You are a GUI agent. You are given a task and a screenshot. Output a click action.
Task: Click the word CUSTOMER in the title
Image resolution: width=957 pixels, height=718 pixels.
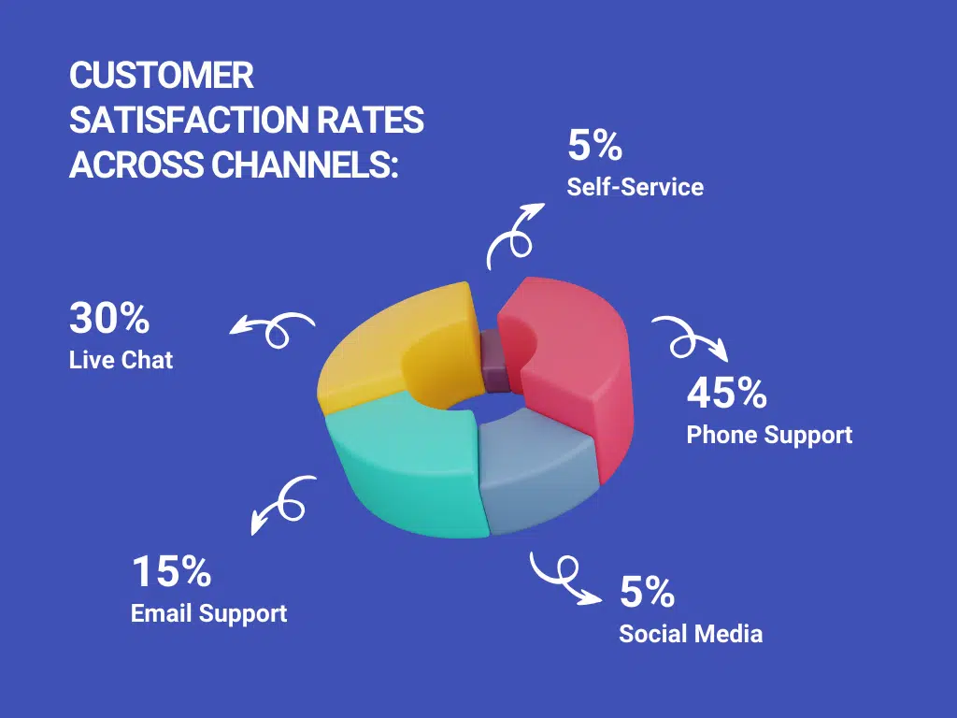162,76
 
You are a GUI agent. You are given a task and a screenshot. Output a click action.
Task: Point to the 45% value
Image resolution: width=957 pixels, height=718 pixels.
727,393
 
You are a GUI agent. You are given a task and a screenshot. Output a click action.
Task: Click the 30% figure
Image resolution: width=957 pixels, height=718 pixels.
109,318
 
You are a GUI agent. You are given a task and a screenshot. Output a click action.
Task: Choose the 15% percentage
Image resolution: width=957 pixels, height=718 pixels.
172,571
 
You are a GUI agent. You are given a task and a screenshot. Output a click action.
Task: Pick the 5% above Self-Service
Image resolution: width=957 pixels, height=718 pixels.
595,145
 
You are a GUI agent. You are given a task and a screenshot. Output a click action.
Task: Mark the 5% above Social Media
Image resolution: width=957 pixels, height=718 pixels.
647,592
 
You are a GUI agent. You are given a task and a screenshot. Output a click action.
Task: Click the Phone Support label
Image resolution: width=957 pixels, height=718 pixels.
770,436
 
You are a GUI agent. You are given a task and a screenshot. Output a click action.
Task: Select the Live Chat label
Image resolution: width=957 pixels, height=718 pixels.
121,360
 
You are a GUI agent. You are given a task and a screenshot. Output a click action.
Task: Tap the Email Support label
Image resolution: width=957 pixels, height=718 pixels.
208,614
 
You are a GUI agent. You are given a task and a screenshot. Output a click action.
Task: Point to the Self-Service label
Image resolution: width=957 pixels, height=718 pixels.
636,187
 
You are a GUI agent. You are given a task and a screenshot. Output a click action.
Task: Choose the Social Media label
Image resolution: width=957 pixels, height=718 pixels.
691,634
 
